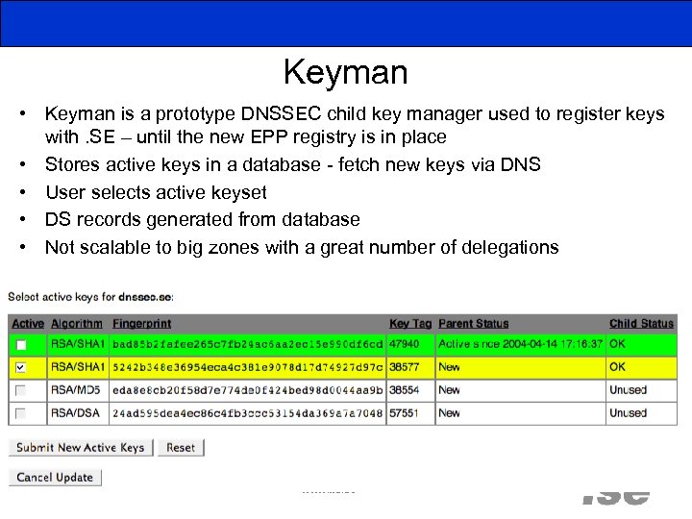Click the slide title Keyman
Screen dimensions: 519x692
[x=345, y=72]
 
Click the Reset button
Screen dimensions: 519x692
[x=181, y=448]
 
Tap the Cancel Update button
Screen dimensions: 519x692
[x=55, y=478]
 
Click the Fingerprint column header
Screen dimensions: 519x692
[x=141, y=324]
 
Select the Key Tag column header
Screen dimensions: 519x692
[x=410, y=324]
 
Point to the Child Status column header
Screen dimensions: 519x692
[x=641, y=324]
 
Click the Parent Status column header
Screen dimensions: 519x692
[x=473, y=324]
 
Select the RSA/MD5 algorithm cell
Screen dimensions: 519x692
[x=76, y=390]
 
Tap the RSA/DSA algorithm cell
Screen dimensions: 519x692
[x=76, y=413]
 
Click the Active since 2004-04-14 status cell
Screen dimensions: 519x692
[x=520, y=344]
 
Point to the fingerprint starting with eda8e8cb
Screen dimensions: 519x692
[x=247, y=390]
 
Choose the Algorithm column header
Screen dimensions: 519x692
[x=76, y=324]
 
